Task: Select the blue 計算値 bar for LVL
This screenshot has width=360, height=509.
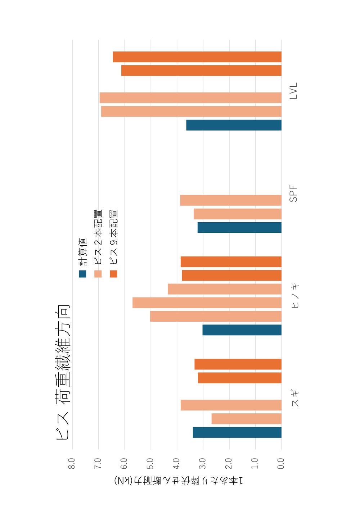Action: point(234,125)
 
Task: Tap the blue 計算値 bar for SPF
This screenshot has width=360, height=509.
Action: point(239,227)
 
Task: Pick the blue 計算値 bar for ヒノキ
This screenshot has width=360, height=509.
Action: point(242,330)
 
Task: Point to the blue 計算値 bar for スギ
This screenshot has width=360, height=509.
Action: point(237,432)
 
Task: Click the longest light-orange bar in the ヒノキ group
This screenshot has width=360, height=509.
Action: point(207,303)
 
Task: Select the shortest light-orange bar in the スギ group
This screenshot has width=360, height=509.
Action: point(246,419)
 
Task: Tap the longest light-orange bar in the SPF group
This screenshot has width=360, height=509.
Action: point(231,200)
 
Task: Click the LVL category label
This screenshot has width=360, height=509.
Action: point(294,91)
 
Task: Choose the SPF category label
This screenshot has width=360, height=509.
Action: point(294,194)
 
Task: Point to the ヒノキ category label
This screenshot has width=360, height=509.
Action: point(295,296)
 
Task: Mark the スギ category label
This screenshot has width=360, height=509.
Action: point(295,399)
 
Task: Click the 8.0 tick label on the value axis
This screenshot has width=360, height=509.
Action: point(72,463)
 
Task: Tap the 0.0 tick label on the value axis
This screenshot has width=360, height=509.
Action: point(281,463)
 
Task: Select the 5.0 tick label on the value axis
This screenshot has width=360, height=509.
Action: point(150,463)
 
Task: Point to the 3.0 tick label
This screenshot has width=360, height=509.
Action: point(203,463)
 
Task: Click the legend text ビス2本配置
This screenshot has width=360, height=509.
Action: point(98,237)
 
